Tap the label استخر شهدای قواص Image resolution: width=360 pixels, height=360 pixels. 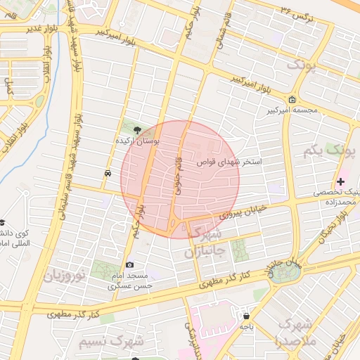229,162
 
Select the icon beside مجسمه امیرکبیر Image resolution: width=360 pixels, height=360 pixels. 292,99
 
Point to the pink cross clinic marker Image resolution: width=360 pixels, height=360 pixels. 341,181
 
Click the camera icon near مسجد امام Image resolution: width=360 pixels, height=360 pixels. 130,265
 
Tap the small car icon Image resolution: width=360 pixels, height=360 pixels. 107,172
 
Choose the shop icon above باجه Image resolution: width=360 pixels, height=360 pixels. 245,315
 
